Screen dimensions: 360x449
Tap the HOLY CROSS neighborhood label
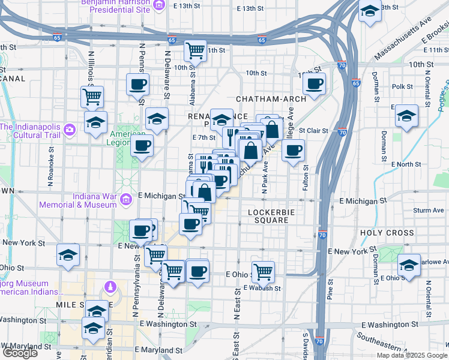(x=387, y=233)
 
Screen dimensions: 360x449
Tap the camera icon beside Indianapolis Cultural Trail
(x=70, y=129)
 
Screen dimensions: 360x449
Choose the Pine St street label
(x=330, y=288)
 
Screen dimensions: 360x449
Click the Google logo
(x=20, y=353)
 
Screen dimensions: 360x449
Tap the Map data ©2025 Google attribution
(x=412, y=355)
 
